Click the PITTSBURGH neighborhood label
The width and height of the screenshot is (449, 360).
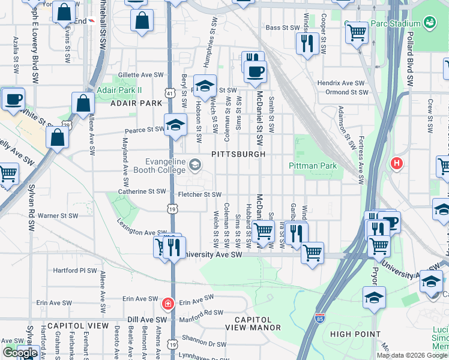(x=238, y=154)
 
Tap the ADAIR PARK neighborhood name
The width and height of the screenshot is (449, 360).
(x=137, y=103)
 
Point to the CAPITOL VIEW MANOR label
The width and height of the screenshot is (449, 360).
(x=253, y=323)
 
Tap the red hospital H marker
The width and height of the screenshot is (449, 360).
(x=396, y=163)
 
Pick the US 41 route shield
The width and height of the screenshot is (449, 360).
(x=170, y=94)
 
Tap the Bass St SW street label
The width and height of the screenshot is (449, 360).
(x=282, y=28)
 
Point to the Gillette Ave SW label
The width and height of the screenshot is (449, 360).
(x=140, y=74)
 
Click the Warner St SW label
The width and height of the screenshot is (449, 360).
(x=58, y=215)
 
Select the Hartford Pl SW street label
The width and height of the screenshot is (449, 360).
(x=74, y=271)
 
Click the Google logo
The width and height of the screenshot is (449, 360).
(x=20, y=353)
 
